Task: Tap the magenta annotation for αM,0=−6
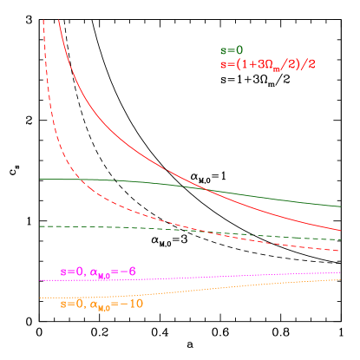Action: click(98, 272)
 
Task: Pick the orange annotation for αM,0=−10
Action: click(101, 304)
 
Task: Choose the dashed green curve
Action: click(173, 230)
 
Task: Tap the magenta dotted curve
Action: click(217, 276)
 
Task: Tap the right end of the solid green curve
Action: click(339, 206)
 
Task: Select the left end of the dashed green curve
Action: click(40, 226)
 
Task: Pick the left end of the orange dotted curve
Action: click(40, 298)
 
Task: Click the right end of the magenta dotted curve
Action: click(339, 272)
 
